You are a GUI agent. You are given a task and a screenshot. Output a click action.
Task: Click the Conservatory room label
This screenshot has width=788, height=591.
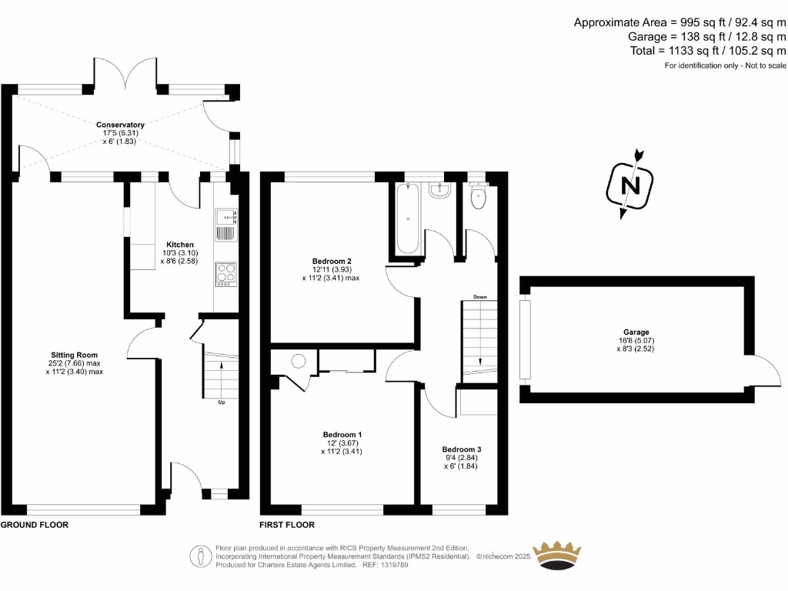pos(120,125)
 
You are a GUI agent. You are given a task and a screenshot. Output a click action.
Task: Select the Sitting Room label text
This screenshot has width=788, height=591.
pos(74,355)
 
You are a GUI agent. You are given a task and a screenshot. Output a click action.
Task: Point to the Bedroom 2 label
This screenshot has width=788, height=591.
pos(331,260)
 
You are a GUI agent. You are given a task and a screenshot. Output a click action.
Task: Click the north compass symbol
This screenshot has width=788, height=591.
pos(630,185)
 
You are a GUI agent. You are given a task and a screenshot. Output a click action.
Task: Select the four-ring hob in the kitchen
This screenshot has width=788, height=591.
pos(226,274)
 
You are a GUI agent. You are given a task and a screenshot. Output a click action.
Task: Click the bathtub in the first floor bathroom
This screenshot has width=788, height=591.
pos(407,219)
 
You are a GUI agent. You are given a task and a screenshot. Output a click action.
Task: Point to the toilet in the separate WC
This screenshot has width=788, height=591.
pos(479,196)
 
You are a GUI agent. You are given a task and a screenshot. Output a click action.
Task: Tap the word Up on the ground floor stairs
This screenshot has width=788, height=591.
pos(222,402)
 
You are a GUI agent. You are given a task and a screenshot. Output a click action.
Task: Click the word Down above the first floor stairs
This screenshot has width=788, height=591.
pos(479,296)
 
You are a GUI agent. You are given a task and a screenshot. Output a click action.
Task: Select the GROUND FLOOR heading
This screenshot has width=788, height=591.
pos(35,525)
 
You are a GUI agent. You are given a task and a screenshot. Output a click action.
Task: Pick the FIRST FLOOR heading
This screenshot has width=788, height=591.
pos(288,525)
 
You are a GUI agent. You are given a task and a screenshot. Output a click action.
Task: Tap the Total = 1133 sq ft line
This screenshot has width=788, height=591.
pos(706,51)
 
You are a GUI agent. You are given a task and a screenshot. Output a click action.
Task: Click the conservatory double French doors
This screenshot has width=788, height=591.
pos(126,75)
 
